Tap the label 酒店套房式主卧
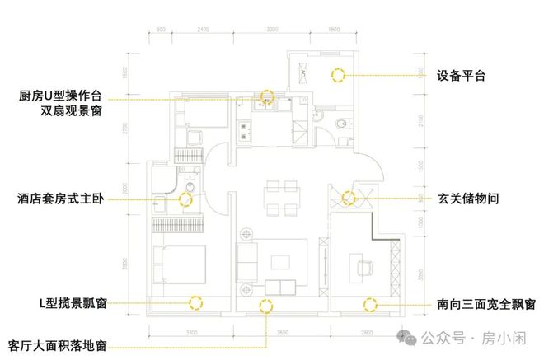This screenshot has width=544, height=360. coord(57,199)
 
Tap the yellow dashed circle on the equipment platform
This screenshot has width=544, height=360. coord(337,75)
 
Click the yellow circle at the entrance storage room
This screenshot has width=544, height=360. coord(349,199)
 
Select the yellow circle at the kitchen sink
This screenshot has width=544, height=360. coord(267,96)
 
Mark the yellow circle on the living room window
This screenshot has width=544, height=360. coord(266,306)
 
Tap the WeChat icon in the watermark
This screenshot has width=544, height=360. coord(409,337)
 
